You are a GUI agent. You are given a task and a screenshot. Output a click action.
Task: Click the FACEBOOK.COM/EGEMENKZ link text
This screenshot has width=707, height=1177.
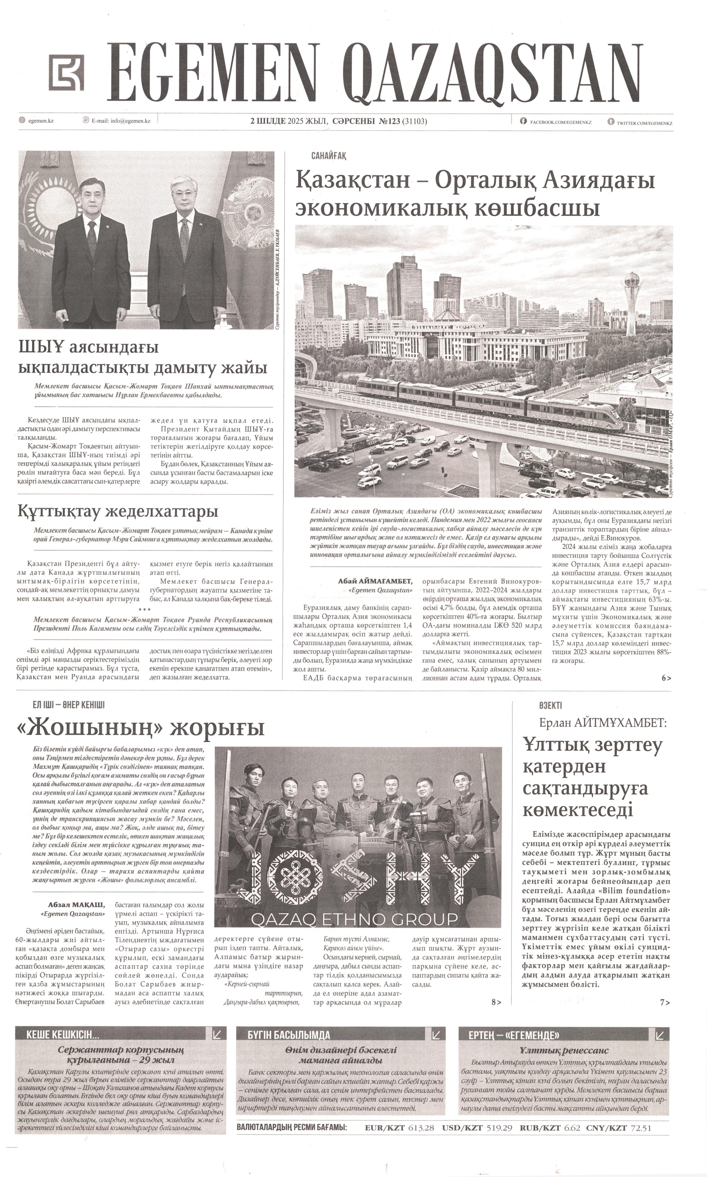560,122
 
